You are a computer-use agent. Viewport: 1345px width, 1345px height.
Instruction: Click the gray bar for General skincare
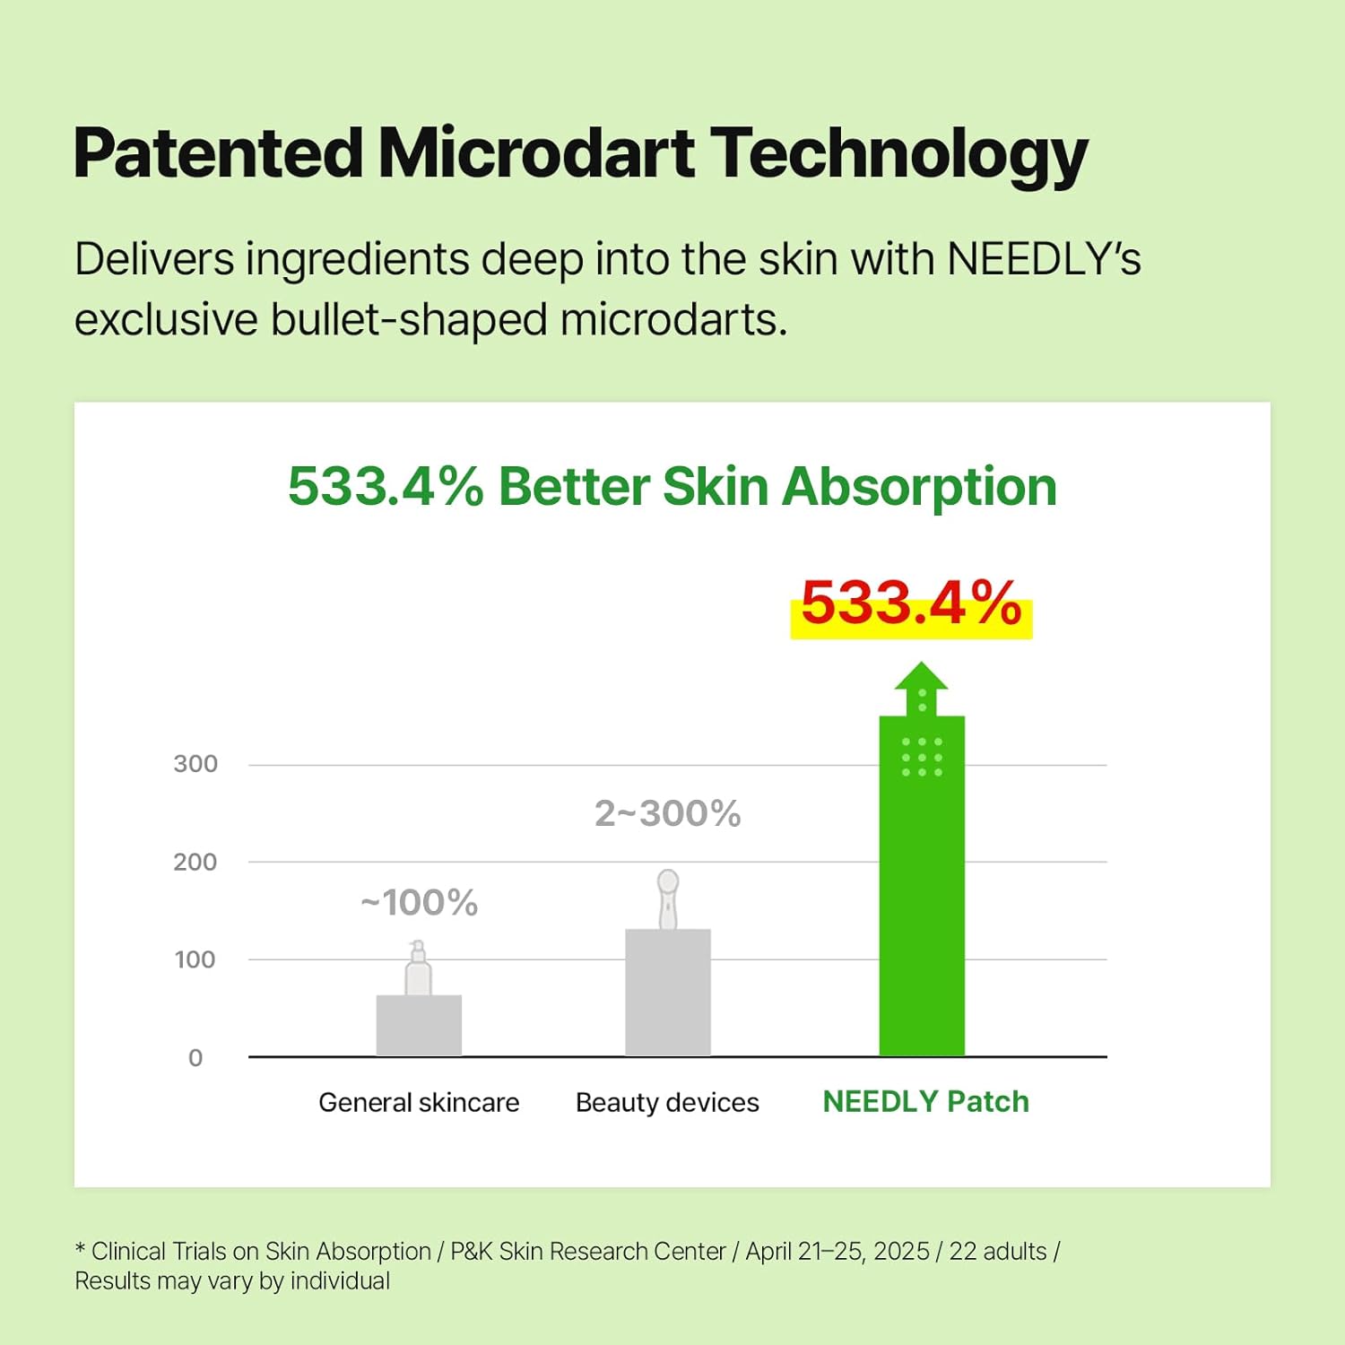pyautogui.click(x=419, y=1025)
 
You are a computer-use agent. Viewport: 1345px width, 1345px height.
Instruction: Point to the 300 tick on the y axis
pyautogui.click(x=195, y=764)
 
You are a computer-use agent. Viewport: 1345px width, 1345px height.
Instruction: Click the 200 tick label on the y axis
pyautogui.click(x=195, y=862)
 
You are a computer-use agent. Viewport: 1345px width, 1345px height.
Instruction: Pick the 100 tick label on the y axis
pyautogui.click(x=195, y=959)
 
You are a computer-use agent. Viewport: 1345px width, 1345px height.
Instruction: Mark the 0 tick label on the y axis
pyautogui.click(x=195, y=1058)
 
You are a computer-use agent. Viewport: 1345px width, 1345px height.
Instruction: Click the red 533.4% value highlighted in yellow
pyautogui.click(x=911, y=603)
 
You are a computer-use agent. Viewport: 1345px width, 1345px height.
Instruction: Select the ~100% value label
pyautogui.click(x=419, y=903)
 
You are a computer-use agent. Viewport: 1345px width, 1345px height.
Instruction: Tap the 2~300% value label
pyautogui.click(x=668, y=814)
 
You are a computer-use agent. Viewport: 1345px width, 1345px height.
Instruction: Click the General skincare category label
pyautogui.click(x=419, y=1102)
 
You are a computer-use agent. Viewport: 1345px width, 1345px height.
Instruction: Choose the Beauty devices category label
pyautogui.click(x=667, y=1102)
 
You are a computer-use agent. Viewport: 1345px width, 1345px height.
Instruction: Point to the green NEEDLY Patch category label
pyautogui.click(x=925, y=1101)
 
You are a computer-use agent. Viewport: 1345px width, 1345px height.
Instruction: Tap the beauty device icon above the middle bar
pyautogui.click(x=668, y=899)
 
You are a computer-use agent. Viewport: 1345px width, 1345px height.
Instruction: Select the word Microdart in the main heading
pyautogui.click(x=535, y=153)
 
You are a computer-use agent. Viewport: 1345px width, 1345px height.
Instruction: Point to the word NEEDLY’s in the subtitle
pyautogui.click(x=1044, y=259)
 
